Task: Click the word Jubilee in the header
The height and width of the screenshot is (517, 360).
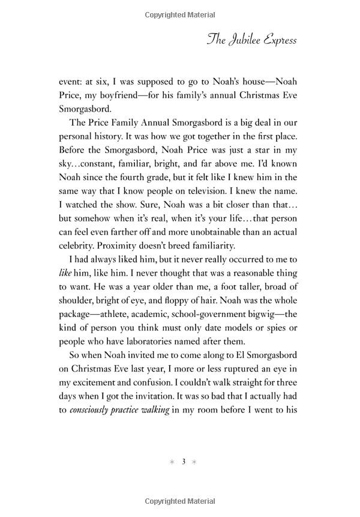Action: [245, 40]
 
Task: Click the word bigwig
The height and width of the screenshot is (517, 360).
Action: [268, 314]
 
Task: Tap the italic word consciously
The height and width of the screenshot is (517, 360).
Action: [95, 411]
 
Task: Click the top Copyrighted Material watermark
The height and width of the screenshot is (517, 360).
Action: [180, 13]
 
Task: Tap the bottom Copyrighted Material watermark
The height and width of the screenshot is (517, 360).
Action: [180, 502]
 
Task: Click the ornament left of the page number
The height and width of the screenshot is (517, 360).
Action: [172, 462]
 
